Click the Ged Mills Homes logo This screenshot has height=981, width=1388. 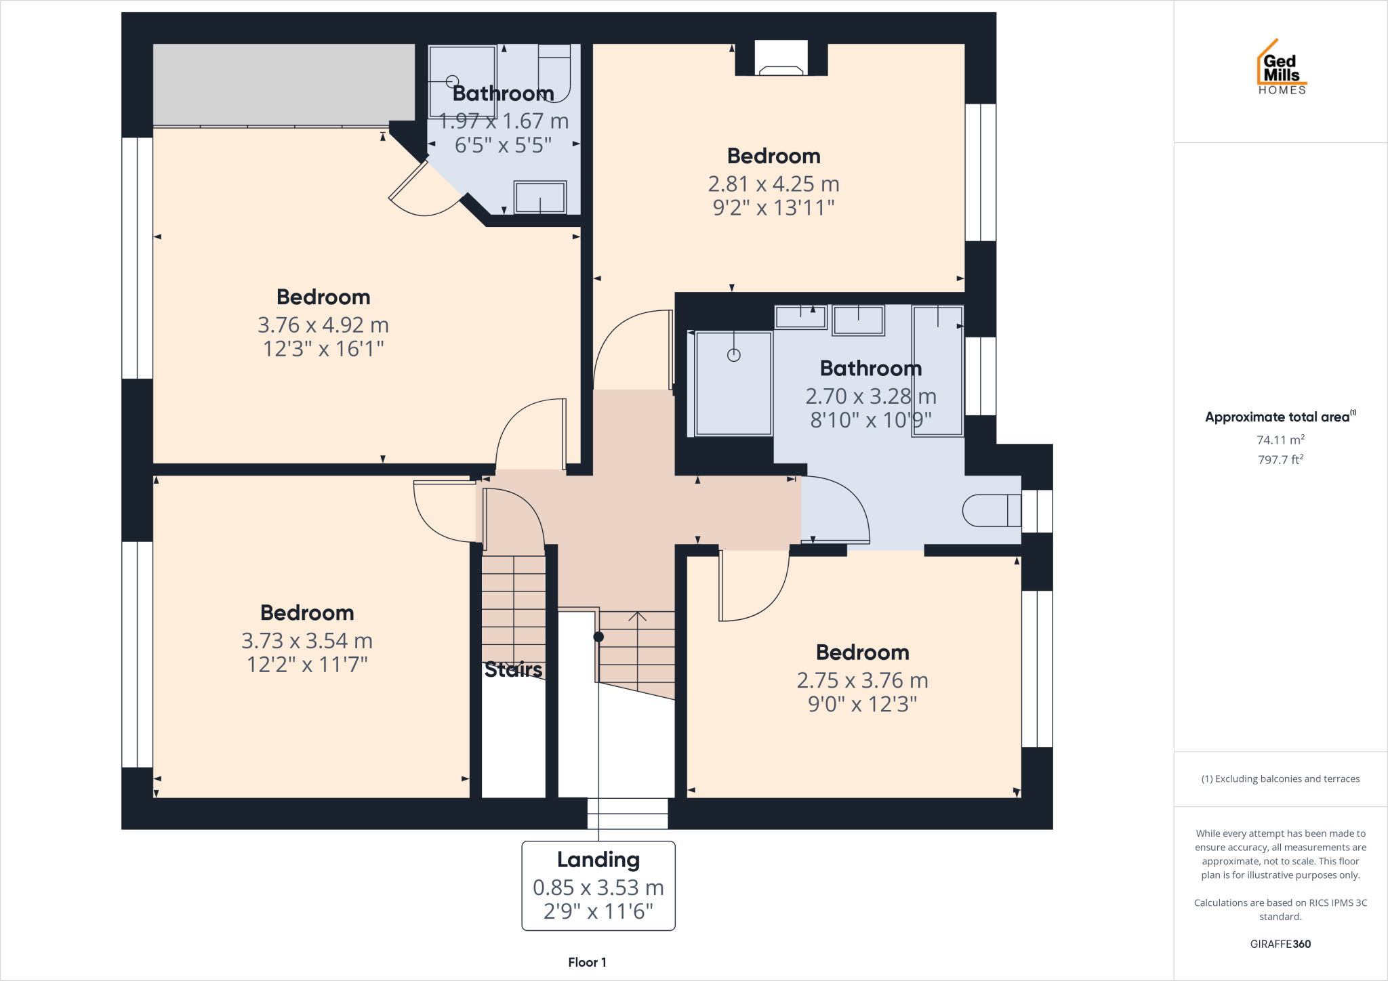pos(1281,68)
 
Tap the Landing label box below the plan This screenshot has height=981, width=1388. pos(598,885)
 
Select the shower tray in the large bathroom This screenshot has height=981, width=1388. pos(733,383)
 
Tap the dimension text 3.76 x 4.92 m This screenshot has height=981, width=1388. pos(323,325)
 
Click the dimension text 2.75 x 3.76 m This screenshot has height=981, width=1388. pos(862,680)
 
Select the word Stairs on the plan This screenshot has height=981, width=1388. pos(513,669)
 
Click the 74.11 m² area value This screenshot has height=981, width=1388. pos(1280,440)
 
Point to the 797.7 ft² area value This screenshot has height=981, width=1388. pos(1280,459)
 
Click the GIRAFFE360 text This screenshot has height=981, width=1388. pos(1280,944)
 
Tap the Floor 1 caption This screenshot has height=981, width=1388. pos(587,962)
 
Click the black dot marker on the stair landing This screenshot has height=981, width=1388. pos(598,637)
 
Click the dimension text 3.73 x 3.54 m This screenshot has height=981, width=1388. pos(307,641)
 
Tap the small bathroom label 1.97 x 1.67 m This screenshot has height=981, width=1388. pos(504,121)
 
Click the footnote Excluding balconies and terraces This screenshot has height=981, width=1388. pos(1280,779)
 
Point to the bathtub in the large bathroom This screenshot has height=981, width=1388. pos(937,371)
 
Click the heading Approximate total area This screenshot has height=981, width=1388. pos(1278,417)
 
